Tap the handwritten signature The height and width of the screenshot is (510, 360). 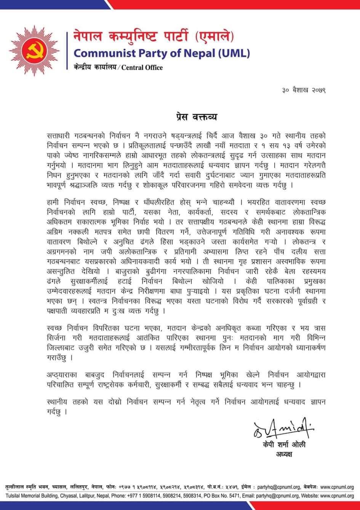tap(282, 429)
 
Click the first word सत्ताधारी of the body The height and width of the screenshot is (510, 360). tap(58, 136)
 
